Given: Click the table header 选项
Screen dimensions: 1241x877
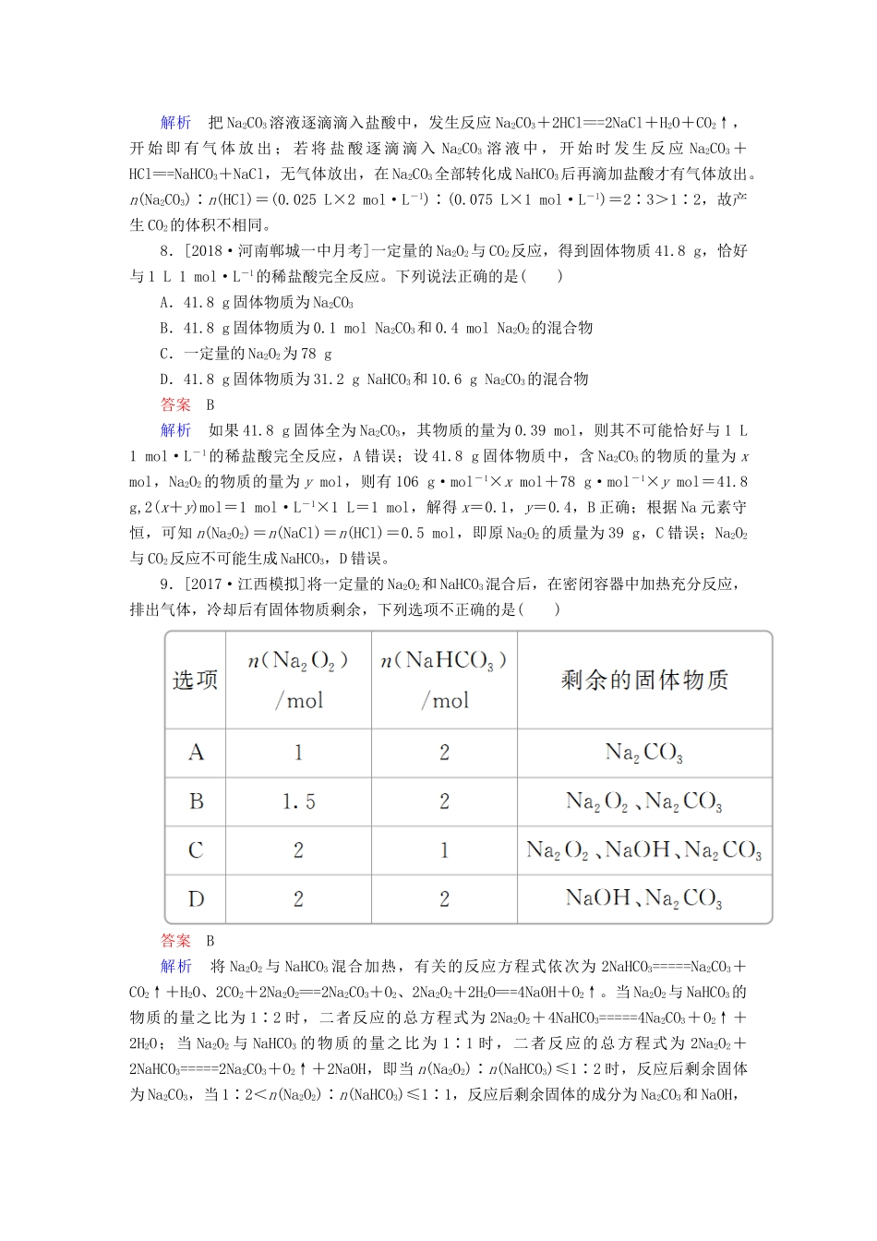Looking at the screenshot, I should [x=195, y=681].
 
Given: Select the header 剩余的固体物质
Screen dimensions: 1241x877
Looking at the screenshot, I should [x=644, y=681].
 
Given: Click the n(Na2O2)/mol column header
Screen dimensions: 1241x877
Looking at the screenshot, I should [x=298, y=680].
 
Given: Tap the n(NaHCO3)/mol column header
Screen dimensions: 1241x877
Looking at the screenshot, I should [x=444, y=680].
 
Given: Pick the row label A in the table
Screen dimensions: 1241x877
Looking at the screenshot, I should [x=196, y=753].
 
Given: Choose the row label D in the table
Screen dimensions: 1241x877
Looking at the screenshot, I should [x=196, y=898].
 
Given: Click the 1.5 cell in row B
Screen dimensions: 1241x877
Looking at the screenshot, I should [x=298, y=801].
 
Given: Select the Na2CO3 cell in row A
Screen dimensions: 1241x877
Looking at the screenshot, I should [x=644, y=753].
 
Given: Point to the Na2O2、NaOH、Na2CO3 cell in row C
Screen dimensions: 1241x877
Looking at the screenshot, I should [x=644, y=850].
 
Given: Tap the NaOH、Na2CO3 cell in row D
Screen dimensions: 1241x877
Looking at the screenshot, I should [x=644, y=898].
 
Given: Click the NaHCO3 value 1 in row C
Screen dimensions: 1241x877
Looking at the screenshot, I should [x=444, y=850].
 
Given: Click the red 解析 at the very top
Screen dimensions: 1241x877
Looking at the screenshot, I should [x=175, y=123].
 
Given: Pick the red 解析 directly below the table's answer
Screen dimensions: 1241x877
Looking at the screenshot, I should [x=175, y=967].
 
